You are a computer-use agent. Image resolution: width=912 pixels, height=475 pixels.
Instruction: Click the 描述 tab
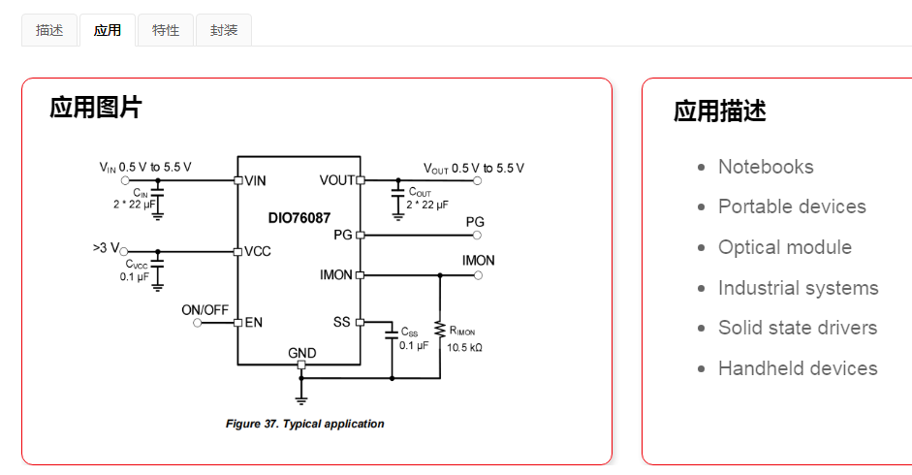pos(49,30)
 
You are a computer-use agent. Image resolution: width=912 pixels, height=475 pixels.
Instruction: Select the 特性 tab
pos(166,30)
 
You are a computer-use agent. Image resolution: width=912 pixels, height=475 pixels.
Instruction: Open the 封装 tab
pos(224,30)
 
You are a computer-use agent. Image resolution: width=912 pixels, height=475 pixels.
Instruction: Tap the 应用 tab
pos(108,30)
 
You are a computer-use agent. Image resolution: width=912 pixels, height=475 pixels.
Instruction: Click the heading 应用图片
pos(95,108)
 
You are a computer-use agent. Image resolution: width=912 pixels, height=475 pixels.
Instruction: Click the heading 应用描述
pos(720,111)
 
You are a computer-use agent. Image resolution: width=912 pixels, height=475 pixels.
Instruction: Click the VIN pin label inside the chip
pos(256,180)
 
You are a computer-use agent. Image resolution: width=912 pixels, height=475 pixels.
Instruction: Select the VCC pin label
pos(258,251)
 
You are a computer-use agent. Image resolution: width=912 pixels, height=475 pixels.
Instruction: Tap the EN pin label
pos(254,322)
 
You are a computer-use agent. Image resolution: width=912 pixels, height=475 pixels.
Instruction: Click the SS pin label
pos(341,322)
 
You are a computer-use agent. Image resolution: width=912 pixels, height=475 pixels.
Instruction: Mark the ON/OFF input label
pos(205,310)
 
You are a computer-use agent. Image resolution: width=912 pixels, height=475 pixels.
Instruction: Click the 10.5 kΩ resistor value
pos(464,345)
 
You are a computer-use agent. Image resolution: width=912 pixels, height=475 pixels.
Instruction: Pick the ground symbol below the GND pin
pos(301,398)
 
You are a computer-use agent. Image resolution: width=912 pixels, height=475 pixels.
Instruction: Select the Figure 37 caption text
pos(304,424)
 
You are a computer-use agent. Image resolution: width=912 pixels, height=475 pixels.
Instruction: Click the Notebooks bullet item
pos(766,167)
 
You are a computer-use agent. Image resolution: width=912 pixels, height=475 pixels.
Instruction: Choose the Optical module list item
pos(784,247)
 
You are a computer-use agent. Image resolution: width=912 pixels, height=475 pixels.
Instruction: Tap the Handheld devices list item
pos(798,368)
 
